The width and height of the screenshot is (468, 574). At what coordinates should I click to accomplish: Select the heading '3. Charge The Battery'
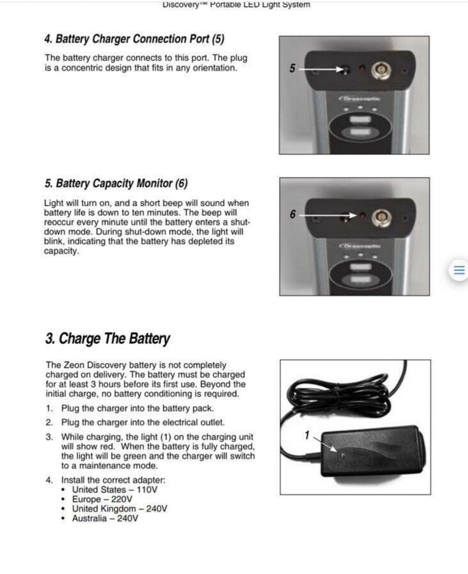[x=107, y=338]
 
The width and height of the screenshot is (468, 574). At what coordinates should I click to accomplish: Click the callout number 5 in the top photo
[x=292, y=68]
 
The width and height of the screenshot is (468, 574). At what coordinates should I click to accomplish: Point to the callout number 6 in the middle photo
[x=292, y=214]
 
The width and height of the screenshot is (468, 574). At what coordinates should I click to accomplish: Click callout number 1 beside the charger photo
[x=307, y=435]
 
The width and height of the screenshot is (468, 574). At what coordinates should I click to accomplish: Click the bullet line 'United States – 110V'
[x=114, y=490]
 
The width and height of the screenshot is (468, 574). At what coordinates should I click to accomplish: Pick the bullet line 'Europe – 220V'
[x=102, y=499]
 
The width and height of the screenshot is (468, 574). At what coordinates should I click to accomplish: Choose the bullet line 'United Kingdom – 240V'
[x=119, y=509]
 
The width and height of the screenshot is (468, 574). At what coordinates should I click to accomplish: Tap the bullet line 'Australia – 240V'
[x=105, y=519]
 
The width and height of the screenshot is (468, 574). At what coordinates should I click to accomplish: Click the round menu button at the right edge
[x=459, y=270]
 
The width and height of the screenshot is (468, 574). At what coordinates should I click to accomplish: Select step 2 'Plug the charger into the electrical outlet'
[x=143, y=422]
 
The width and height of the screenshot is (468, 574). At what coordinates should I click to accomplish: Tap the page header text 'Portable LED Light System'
[x=260, y=5]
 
